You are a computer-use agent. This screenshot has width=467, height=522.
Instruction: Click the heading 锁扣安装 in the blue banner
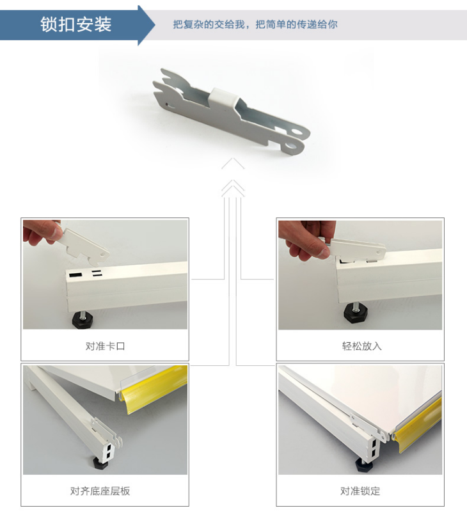tap(76, 25)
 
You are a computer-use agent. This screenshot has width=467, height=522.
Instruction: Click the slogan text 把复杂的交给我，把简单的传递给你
tap(255, 24)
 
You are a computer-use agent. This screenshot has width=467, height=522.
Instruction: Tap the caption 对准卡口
tap(105, 346)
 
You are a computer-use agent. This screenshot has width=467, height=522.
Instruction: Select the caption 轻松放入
tap(361, 346)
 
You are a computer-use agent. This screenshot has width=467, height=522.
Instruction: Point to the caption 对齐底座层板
tap(100, 491)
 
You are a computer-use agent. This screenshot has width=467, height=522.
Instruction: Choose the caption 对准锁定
tap(360, 491)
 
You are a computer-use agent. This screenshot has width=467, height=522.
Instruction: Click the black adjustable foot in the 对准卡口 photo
tap(83, 320)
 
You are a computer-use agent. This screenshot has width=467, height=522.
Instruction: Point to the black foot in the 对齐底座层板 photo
tap(100, 463)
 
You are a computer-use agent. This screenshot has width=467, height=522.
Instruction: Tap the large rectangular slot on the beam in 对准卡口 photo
tap(75, 274)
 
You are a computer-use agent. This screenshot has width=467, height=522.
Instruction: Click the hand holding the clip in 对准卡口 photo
tap(40, 232)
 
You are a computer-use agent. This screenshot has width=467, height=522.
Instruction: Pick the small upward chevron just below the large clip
tap(233, 164)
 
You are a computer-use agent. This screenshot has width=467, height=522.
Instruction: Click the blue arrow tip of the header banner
tap(154, 25)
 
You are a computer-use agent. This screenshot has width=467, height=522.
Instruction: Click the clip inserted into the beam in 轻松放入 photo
tap(358, 249)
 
